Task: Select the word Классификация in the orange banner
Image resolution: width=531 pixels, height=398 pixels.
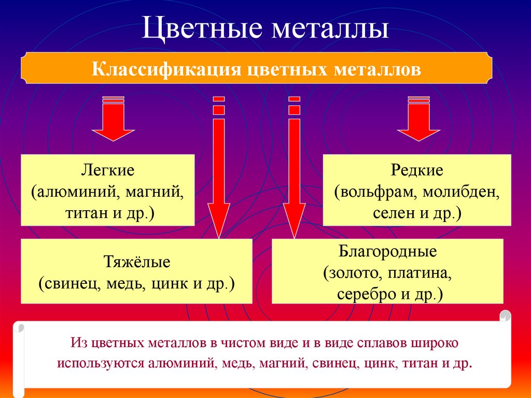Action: (x=166, y=69)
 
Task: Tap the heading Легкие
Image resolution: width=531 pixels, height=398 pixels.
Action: (x=108, y=170)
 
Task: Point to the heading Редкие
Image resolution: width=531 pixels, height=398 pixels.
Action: (x=417, y=171)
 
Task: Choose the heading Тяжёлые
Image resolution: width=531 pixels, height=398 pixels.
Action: (x=136, y=262)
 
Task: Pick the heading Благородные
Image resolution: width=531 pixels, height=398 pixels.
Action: (x=387, y=252)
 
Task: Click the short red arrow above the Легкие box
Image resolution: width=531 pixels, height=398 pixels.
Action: (x=113, y=119)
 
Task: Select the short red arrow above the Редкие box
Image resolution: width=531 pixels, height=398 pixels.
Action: (x=418, y=119)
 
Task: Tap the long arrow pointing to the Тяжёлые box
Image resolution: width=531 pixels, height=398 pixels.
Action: (x=219, y=168)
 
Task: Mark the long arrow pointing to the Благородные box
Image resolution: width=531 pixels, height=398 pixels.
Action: (x=295, y=168)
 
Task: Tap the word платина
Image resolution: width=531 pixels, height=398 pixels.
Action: (x=420, y=273)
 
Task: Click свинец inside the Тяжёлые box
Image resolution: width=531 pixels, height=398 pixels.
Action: (x=70, y=284)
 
